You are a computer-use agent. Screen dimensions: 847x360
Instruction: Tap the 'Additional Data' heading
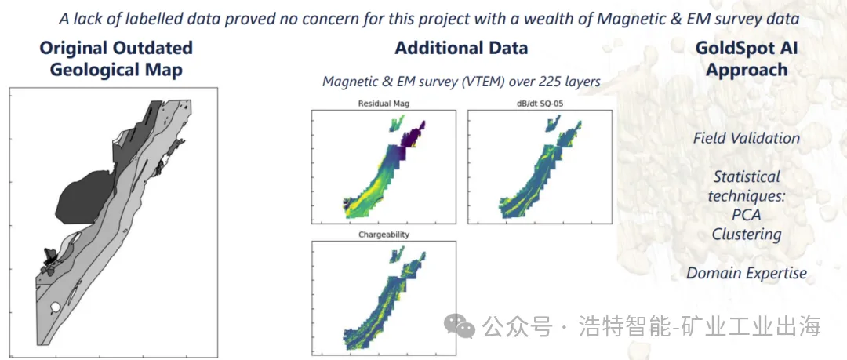461,48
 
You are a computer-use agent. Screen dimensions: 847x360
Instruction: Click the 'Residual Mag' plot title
384,104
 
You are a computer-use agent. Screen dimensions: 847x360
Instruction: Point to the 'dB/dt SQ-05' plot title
540,104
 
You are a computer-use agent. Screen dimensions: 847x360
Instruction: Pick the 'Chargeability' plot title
384,235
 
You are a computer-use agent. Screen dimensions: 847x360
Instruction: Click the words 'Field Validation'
747,138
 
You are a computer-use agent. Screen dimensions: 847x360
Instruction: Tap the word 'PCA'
747,215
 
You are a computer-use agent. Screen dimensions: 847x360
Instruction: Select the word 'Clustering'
747,234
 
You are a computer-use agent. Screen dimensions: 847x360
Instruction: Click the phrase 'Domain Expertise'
747,273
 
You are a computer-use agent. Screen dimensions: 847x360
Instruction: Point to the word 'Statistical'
747,176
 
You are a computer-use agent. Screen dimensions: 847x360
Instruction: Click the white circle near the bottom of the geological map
55,307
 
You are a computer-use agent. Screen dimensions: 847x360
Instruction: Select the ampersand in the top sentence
654,19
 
